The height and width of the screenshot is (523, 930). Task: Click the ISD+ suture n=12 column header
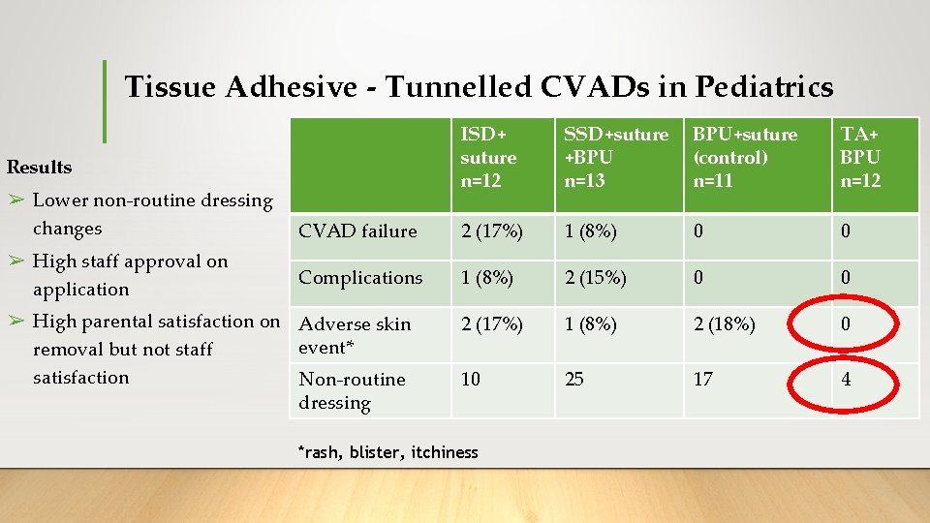click(x=488, y=157)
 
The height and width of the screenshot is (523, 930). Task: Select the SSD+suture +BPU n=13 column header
click(x=616, y=157)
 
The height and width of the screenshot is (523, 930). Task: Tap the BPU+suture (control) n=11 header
click(x=745, y=157)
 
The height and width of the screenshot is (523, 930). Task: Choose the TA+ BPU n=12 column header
click(x=860, y=157)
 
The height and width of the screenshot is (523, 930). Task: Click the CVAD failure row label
click(x=357, y=231)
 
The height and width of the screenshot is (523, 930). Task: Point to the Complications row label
click(x=360, y=278)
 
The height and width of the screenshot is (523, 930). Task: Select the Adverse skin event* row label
click(x=355, y=335)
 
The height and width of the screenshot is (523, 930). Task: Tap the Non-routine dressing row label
click(x=352, y=390)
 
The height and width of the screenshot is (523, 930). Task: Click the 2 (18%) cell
click(x=725, y=324)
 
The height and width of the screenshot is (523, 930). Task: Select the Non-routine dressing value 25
click(x=574, y=379)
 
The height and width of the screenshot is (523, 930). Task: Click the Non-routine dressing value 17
click(x=703, y=379)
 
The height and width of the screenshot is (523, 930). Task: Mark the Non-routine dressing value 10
click(x=471, y=379)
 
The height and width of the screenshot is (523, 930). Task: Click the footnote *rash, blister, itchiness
click(x=387, y=452)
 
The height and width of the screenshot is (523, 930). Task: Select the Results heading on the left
click(x=39, y=167)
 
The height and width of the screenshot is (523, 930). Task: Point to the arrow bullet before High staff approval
click(x=16, y=261)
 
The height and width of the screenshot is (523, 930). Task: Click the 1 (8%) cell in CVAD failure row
click(x=587, y=231)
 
